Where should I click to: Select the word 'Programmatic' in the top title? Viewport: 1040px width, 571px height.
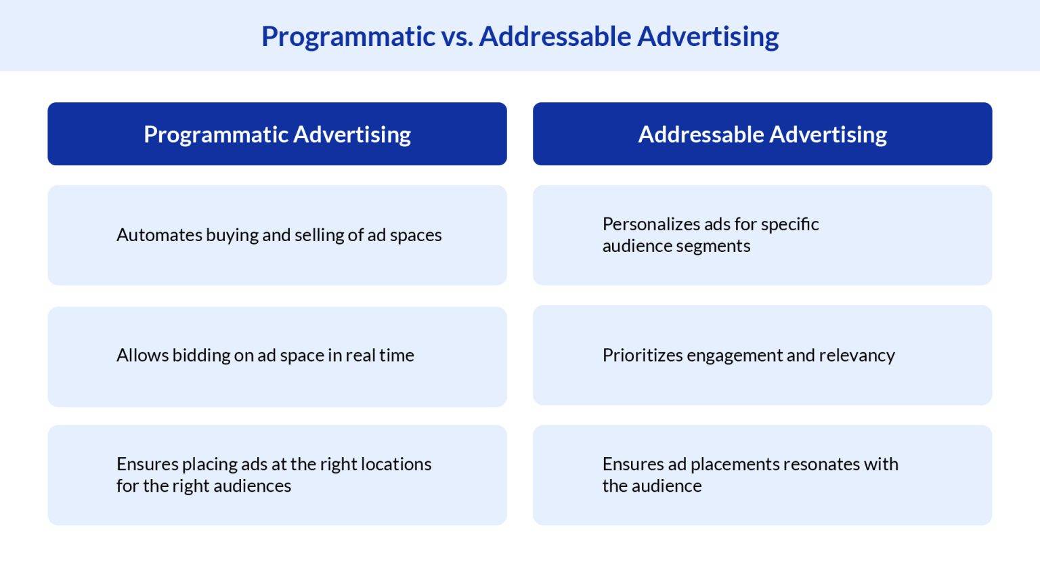point(348,37)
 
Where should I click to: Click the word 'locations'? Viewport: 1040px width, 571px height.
point(395,464)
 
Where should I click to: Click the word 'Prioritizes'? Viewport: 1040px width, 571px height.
point(643,355)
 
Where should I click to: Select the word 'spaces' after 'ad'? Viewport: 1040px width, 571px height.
point(416,235)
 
